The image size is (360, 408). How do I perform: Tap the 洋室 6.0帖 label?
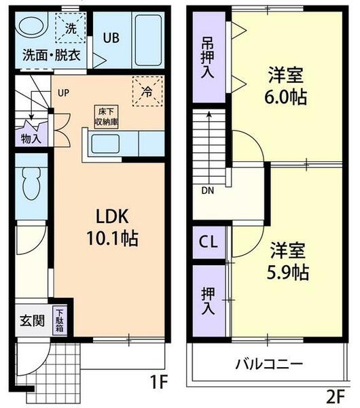[285, 85]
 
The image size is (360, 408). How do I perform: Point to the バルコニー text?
[270, 363]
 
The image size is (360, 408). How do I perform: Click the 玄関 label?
[32, 320]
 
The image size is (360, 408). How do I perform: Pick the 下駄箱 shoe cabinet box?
[60, 318]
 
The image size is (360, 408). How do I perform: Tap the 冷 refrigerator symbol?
[147, 92]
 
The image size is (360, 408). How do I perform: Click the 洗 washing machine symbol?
[71, 29]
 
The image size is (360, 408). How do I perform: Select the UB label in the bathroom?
[111, 38]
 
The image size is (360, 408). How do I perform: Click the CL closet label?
[209, 241]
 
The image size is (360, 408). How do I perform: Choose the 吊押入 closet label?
[207, 56]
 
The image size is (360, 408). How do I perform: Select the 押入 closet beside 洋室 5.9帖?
[207, 300]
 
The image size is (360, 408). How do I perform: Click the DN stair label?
[207, 190]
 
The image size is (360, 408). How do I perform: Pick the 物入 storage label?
[31, 138]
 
